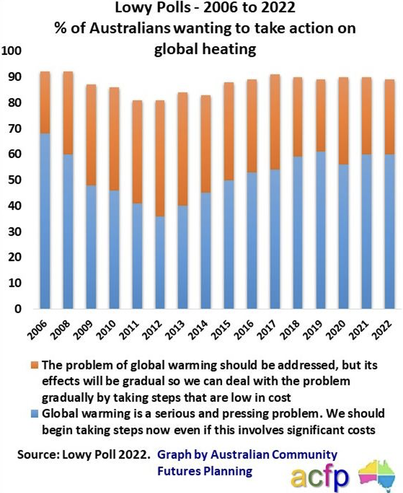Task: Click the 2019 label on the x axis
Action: pyautogui.click(x=310, y=331)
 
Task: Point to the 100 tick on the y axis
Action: pyautogui.click(x=12, y=51)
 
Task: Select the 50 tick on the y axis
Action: pyautogui.click(x=15, y=180)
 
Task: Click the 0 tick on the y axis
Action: pyautogui.click(x=18, y=310)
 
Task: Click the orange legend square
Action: pyautogui.click(x=38, y=364)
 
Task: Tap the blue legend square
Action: pyautogui.click(x=38, y=414)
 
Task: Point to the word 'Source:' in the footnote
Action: pyautogui.click(x=38, y=455)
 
